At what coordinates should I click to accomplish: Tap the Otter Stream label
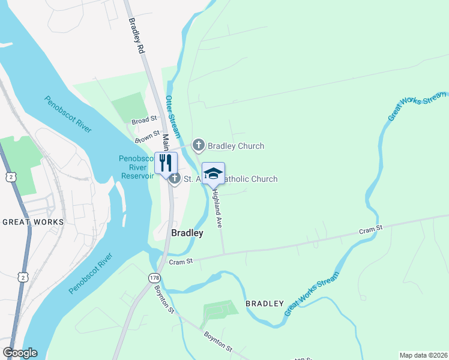[x=173, y=117]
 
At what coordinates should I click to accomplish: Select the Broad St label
[x=144, y=121]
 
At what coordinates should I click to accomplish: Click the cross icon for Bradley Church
[x=198, y=145]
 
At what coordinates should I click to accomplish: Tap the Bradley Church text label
[x=236, y=146]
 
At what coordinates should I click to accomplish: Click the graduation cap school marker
[x=213, y=173]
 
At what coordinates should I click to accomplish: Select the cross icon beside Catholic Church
[x=174, y=178]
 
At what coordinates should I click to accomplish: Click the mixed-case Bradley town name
[x=187, y=233]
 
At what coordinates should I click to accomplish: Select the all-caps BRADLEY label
[x=264, y=304]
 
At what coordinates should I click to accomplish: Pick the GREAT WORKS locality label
[x=33, y=222]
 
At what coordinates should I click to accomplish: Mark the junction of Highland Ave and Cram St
[x=224, y=253]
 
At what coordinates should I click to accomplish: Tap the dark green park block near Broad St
[x=130, y=107]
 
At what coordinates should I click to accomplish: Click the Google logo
[x=20, y=353]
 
